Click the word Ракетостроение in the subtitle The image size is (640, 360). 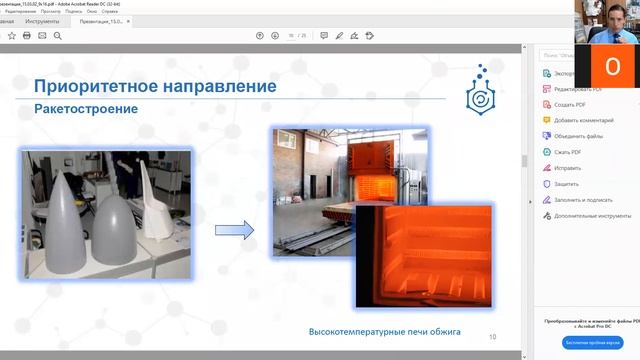(86, 107)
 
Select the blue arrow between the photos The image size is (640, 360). (235, 230)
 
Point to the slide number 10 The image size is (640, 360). (492, 336)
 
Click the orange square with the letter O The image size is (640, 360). (613, 65)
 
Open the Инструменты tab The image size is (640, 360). (43, 19)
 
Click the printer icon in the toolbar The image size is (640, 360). (26, 35)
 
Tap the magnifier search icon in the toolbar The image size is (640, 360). (59, 35)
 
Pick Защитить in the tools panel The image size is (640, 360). (567, 184)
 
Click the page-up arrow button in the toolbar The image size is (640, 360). (260, 35)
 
